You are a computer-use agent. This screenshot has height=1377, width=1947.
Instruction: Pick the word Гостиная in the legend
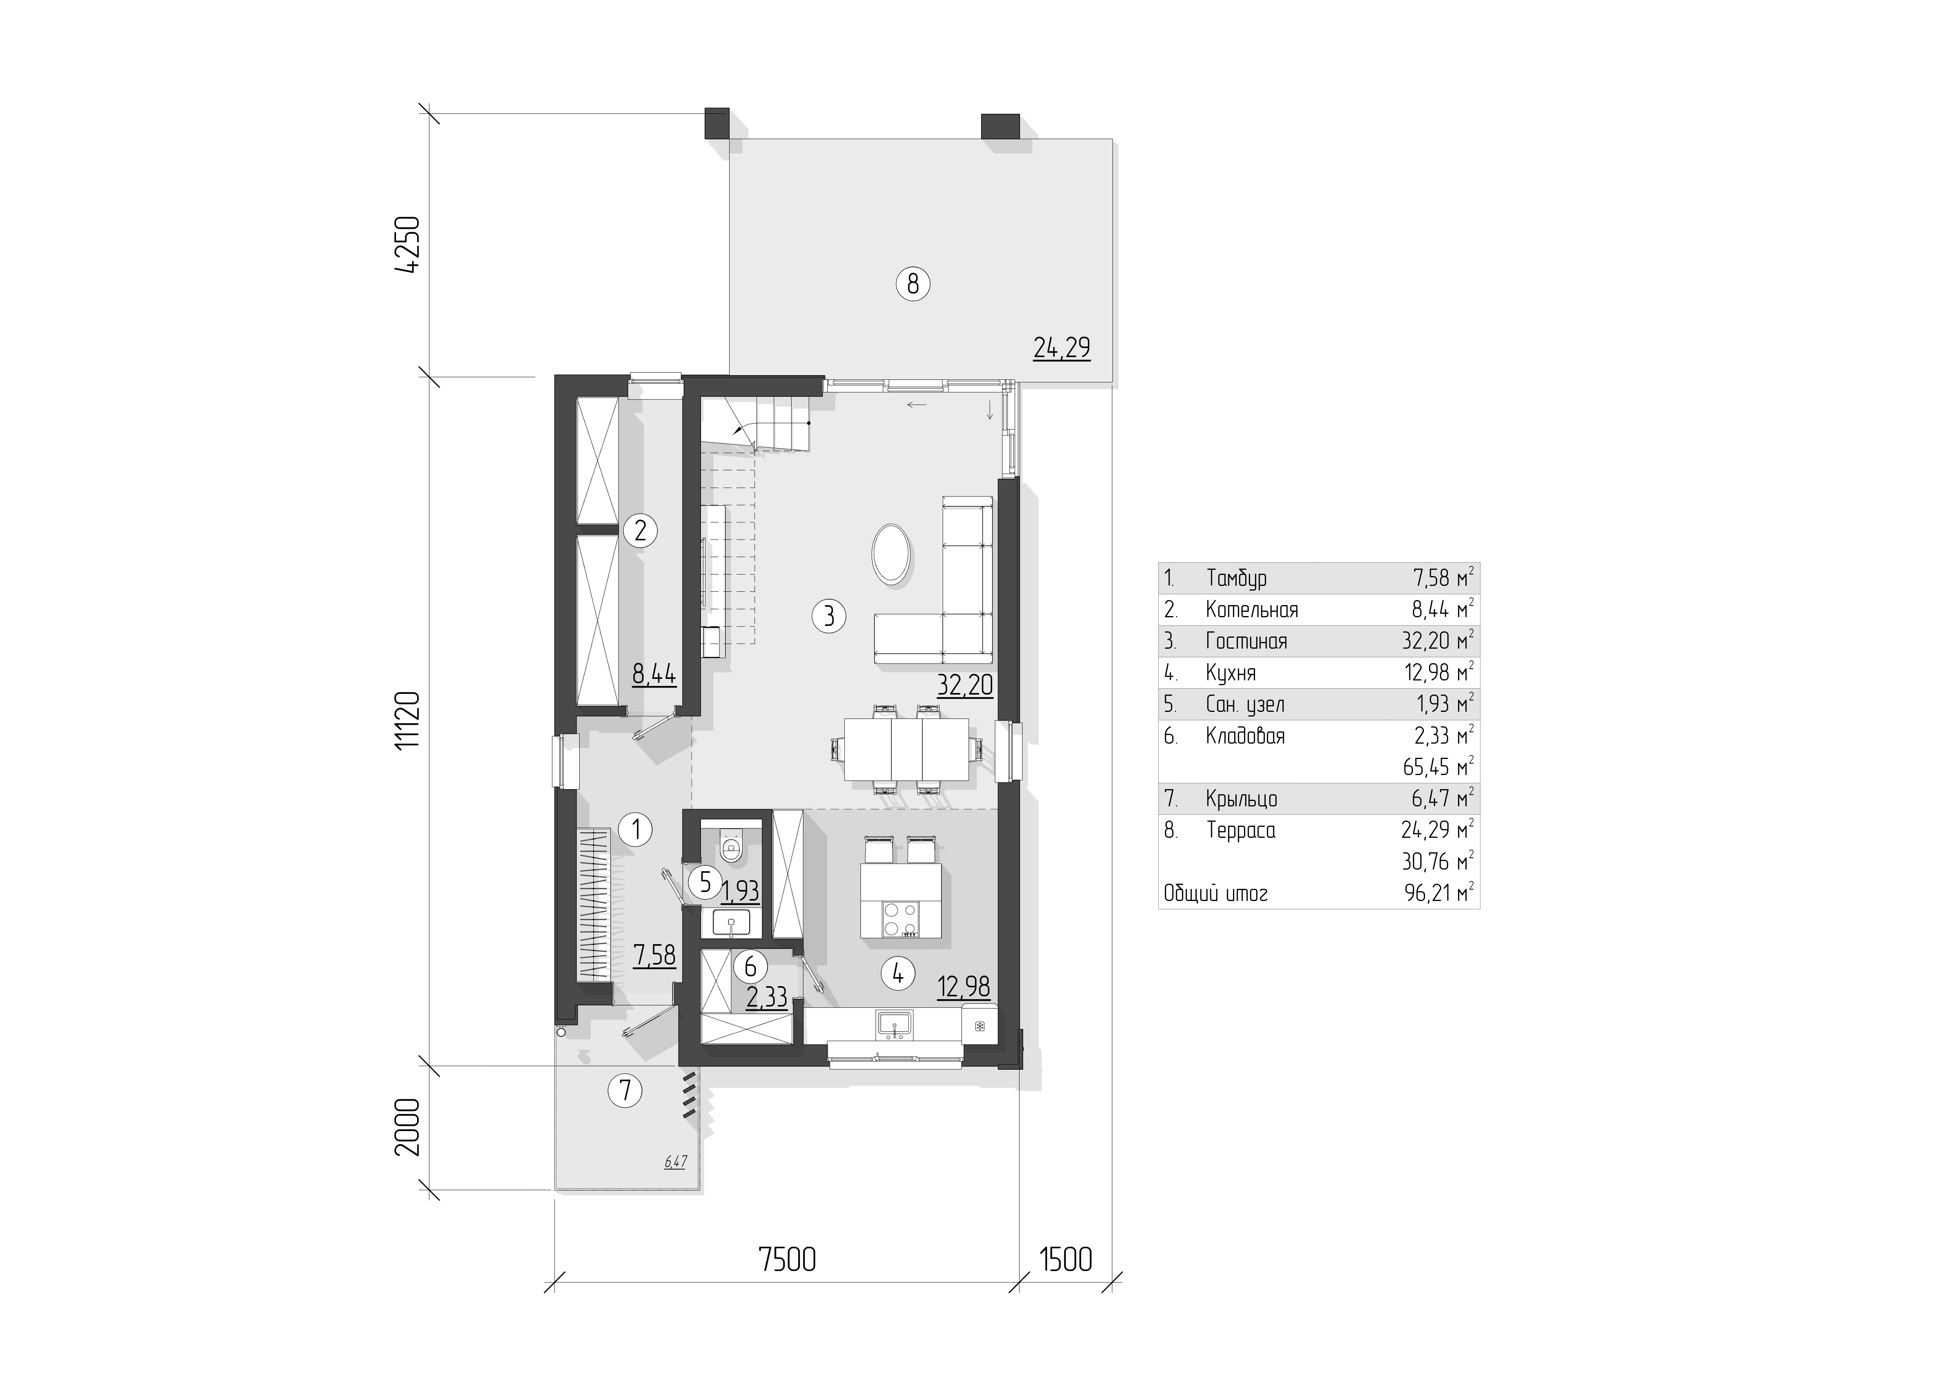click(1246, 641)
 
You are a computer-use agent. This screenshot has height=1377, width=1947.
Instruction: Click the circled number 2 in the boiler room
click(640, 531)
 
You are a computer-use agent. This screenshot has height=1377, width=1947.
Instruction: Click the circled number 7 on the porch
click(626, 1090)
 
